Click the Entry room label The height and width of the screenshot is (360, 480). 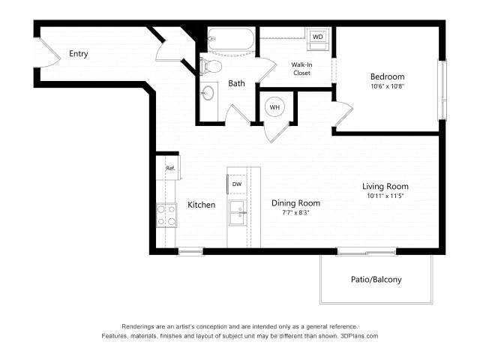click(x=78, y=53)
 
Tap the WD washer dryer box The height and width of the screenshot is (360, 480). click(x=317, y=37)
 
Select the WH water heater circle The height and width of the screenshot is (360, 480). click(x=274, y=107)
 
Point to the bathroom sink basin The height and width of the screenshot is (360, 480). click(x=208, y=94)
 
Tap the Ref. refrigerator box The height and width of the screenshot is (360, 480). click(x=170, y=169)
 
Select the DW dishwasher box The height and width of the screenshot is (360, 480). click(x=237, y=184)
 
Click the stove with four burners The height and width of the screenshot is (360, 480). click(x=166, y=215)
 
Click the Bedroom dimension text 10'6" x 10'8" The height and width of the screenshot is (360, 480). click(x=387, y=86)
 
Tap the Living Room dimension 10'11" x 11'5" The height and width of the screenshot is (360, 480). click(x=385, y=196)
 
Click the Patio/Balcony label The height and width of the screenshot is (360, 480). click(x=376, y=280)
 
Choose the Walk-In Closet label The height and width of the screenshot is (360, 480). click(x=301, y=69)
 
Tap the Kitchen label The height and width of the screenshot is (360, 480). click(x=201, y=205)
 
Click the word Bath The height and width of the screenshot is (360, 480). click(x=237, y=83)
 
